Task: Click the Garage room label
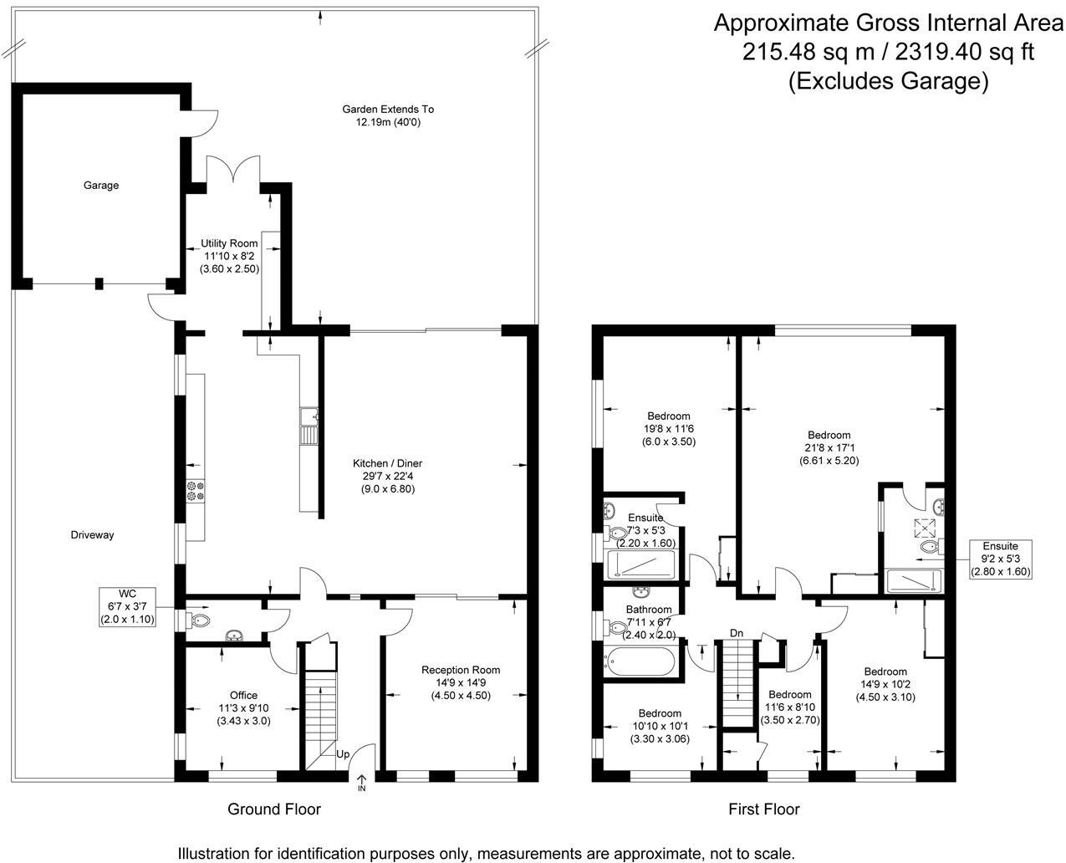(100, 185)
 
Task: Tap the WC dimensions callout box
(127, 607)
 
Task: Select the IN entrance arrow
(361, 783)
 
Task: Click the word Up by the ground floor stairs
(343, 753)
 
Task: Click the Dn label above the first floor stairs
(737, 633)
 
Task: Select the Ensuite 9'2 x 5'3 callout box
(1000, 559)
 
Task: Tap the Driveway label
(92, 535)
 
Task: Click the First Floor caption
(764, 809)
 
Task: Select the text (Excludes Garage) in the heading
(888, 81)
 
